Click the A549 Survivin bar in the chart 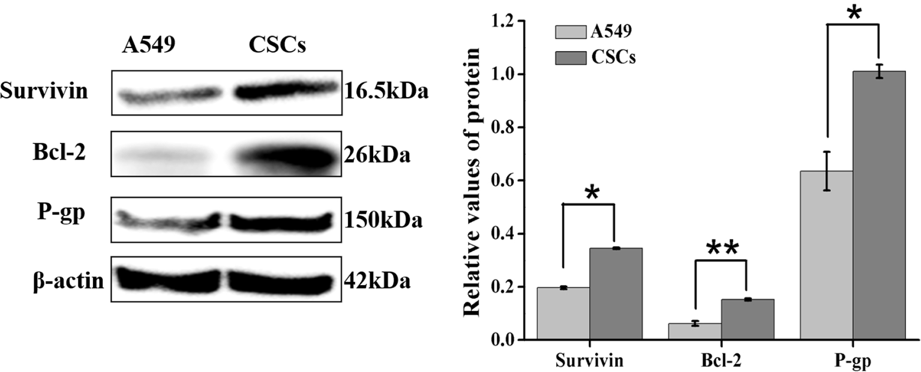pos(563,313)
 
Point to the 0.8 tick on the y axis pos(506,127)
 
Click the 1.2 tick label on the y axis pos(506,22)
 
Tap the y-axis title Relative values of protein pos(472,180)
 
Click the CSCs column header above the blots pos(277,46)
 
